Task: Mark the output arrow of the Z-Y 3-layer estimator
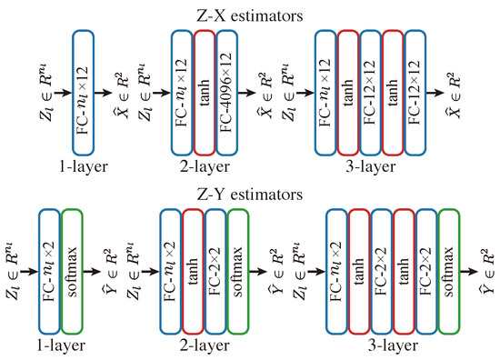(x=473, y=270)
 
